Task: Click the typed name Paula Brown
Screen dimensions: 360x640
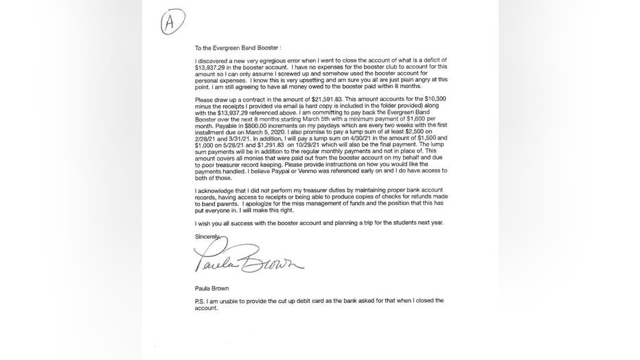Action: coord(212,288)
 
